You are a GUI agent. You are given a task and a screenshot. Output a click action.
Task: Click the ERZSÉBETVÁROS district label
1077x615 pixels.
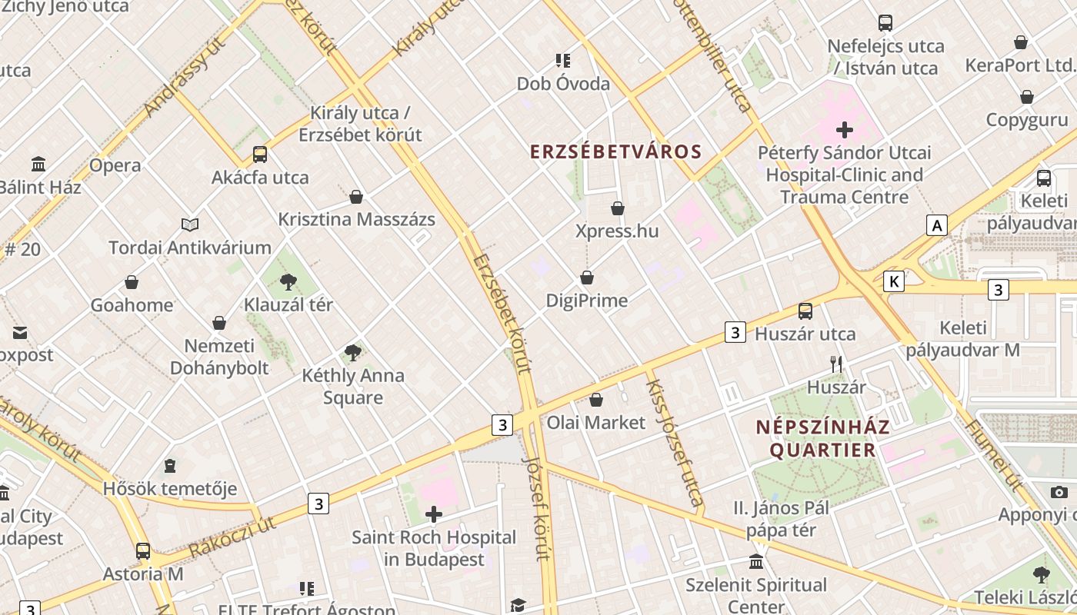pos(616,151)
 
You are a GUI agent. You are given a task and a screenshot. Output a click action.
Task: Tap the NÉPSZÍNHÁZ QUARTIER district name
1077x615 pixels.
pos(822,438)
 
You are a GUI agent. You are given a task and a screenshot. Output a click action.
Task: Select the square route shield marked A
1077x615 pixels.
pos(936,225)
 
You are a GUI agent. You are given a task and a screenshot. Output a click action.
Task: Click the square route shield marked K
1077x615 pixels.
pos(893,281)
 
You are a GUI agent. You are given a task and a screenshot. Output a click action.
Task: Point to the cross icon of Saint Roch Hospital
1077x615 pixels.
pos(434,514)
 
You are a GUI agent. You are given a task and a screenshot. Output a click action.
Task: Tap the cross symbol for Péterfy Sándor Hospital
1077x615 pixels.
pos(845,129)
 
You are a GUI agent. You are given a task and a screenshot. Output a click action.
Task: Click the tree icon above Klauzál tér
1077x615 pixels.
pos(288,282)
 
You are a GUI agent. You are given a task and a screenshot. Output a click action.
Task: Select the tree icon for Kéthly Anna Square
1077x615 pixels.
pos(353,353)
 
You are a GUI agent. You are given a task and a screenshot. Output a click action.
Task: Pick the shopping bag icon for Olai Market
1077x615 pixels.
pos(596,400)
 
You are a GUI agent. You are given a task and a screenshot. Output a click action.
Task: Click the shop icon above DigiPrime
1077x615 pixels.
pos(587,278)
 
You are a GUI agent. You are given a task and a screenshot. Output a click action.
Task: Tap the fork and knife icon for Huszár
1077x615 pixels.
pos(836,364)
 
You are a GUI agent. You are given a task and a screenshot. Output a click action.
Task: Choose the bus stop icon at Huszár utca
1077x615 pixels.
pos(805,311)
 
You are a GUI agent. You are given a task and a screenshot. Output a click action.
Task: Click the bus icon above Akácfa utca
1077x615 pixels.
pos(260,155)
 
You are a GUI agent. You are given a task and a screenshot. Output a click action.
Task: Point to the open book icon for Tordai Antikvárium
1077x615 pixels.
pos(190,224)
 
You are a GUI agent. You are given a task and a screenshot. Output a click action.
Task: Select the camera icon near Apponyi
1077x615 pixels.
pos(1059,492)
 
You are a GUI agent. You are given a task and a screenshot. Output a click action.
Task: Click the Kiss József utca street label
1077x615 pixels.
pos(675,444)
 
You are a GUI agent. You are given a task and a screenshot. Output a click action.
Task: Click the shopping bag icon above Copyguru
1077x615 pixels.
pos(1027,97)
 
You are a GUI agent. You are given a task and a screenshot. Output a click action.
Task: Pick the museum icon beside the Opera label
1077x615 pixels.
pos(38,164)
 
